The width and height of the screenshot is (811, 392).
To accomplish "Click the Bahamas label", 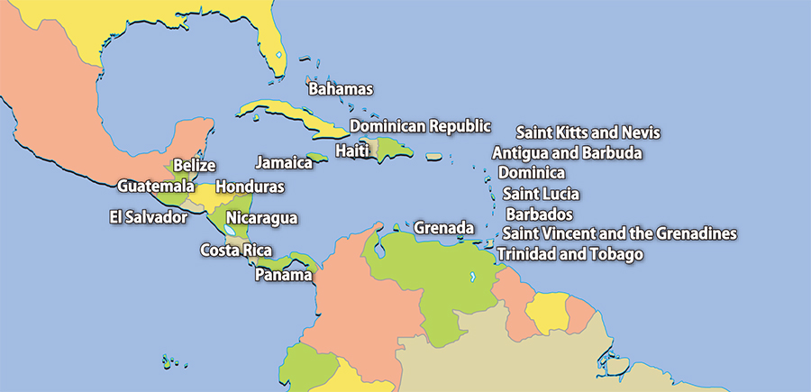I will (x=341, y=89).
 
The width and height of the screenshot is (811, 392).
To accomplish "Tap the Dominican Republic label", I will (x=420, y=126).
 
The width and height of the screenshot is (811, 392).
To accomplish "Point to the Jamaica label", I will (x=284, y=163).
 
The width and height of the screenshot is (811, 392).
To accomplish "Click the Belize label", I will (x=195, y=166).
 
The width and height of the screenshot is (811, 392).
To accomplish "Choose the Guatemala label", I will (x=156, y=186).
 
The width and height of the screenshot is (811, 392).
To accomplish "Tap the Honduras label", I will (x=250, y=187).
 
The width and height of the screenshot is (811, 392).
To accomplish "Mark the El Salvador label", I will (x=148, y=217).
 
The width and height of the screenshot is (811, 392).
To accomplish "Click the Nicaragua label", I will (x=261, y=218).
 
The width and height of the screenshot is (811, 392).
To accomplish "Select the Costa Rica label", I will (x=236, y=251).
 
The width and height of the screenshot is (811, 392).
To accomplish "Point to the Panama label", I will (x=283, y=274).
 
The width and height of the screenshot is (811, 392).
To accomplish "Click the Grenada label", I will (x=443, y=228).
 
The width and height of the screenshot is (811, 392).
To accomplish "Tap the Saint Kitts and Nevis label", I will (x=588, y=133).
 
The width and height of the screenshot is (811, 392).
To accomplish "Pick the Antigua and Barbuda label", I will (x=567, y=153).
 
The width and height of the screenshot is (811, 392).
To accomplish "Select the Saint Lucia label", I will (x=541, y=194).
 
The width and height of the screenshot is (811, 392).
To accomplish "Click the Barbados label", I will (x=539, y=214).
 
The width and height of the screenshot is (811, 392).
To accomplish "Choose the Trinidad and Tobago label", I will (x=570, y=255).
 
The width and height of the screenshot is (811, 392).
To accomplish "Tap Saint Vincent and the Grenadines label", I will (x=619, y=234).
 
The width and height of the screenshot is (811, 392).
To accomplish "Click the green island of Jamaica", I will (x=315, y=157).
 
